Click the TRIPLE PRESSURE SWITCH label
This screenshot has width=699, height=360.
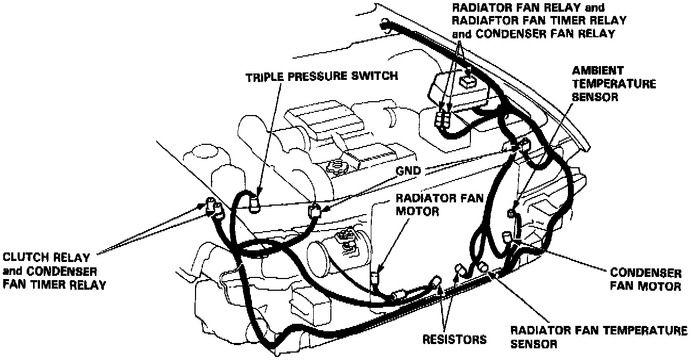click(321, 76)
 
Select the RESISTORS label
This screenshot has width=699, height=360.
click(454, 339)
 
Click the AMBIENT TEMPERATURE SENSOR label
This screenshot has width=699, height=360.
click(613, 84)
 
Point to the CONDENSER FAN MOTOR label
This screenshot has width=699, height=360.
click(645, 280)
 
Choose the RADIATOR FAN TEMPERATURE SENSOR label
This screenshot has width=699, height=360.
click(598, 337)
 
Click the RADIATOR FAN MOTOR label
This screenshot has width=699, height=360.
click(439, 205)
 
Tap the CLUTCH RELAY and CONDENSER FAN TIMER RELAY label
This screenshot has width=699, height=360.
click(53, 271)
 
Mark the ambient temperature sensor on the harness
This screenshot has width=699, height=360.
click(513, 212)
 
